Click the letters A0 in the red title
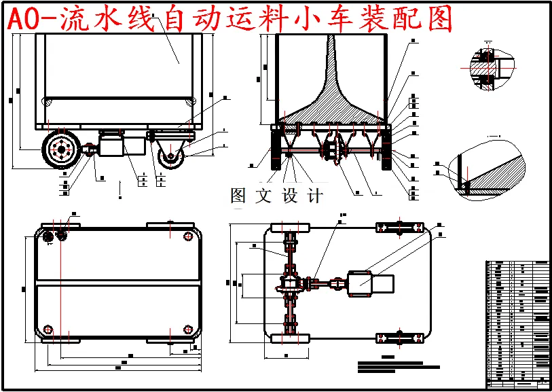coord(24,20)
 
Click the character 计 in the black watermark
coord(314,196)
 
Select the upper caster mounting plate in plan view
coord(401,228)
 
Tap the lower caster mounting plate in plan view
coord(401,338)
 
